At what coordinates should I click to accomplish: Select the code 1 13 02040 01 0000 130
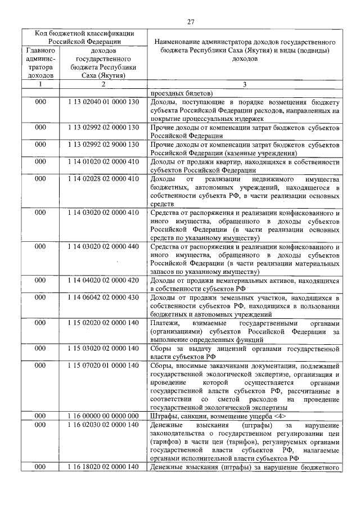pos(103,102)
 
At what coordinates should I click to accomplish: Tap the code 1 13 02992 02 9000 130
pos(103,145)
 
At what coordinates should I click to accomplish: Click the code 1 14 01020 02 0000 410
pos(103,162)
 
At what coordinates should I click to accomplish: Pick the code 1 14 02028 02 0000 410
pos(103,179)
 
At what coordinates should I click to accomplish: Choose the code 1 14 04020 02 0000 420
pos(103,280)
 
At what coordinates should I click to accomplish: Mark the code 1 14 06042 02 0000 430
pos(103,297)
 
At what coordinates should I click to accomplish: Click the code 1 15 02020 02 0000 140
pos(103,323)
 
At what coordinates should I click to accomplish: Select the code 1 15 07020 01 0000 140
pos(103,366)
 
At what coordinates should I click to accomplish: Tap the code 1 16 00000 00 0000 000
pos(103,416)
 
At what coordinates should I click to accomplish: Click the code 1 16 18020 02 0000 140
pos(103,467)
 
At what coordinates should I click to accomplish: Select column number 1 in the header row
pos(40,84)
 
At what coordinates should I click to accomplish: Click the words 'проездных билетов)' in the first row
pos(181,93)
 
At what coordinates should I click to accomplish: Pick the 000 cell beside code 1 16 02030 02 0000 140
pos(40,425)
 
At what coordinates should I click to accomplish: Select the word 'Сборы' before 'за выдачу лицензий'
pos(162,348)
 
